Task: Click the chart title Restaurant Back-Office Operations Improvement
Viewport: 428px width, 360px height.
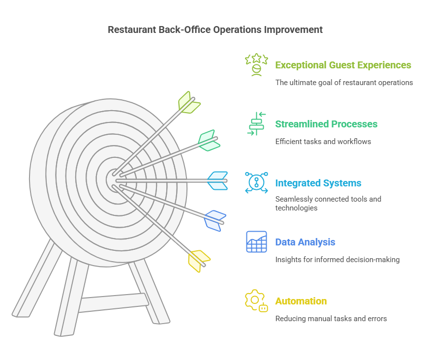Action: (215, 30)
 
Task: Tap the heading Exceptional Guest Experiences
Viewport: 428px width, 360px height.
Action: (343, 65)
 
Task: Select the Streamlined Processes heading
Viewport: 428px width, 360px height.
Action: (326, 124)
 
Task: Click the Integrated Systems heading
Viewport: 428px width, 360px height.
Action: (318, 183)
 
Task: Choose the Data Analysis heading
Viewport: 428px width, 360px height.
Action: (305, 242)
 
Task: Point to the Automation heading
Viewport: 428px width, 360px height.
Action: (301, 301)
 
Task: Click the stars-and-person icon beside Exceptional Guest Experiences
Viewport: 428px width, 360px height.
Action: (256, 65)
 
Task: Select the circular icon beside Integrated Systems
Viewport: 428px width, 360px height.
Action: (256, 182)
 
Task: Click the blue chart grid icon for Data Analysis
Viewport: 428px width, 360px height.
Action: (256, 242)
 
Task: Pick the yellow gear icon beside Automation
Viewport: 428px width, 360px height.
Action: (256, 301)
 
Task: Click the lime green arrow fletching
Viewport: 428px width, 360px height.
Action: (189, 102)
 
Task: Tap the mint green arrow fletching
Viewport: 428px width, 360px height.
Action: (209, 140)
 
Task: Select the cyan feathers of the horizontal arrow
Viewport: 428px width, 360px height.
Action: (217, 180)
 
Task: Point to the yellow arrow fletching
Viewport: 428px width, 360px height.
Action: (199, 261)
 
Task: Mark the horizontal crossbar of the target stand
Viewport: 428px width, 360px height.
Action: (114, 302)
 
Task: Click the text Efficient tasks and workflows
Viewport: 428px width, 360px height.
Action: (323, 141)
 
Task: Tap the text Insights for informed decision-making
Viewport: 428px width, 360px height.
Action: (337, 259)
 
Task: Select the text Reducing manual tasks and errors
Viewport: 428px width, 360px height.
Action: (331, 319)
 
